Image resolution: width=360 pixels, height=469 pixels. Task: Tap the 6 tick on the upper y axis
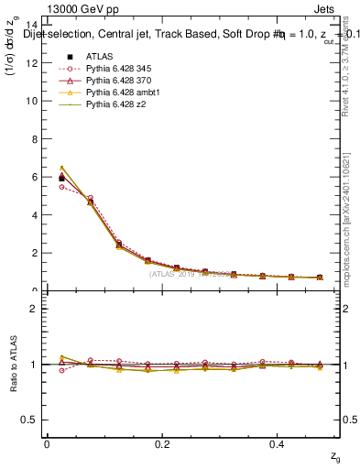pyautogui.click(x=37, y=177)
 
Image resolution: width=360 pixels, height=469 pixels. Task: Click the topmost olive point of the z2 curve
pyautogui.click(x=61, y=168)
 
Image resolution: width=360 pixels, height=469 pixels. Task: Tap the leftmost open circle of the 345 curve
pyautogui.click(x=61, y=187)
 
